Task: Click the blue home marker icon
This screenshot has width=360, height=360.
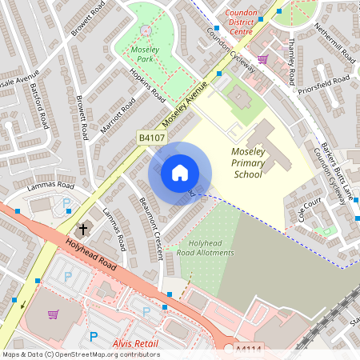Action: [x=180, y=173]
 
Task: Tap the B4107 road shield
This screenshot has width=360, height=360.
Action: [x=151, y=138]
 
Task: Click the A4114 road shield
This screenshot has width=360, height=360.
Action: [x=250, y=350]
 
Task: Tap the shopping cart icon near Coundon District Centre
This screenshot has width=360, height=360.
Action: [x=262, y=58]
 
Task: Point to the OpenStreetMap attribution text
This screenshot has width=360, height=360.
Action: [x=81, y=354]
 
